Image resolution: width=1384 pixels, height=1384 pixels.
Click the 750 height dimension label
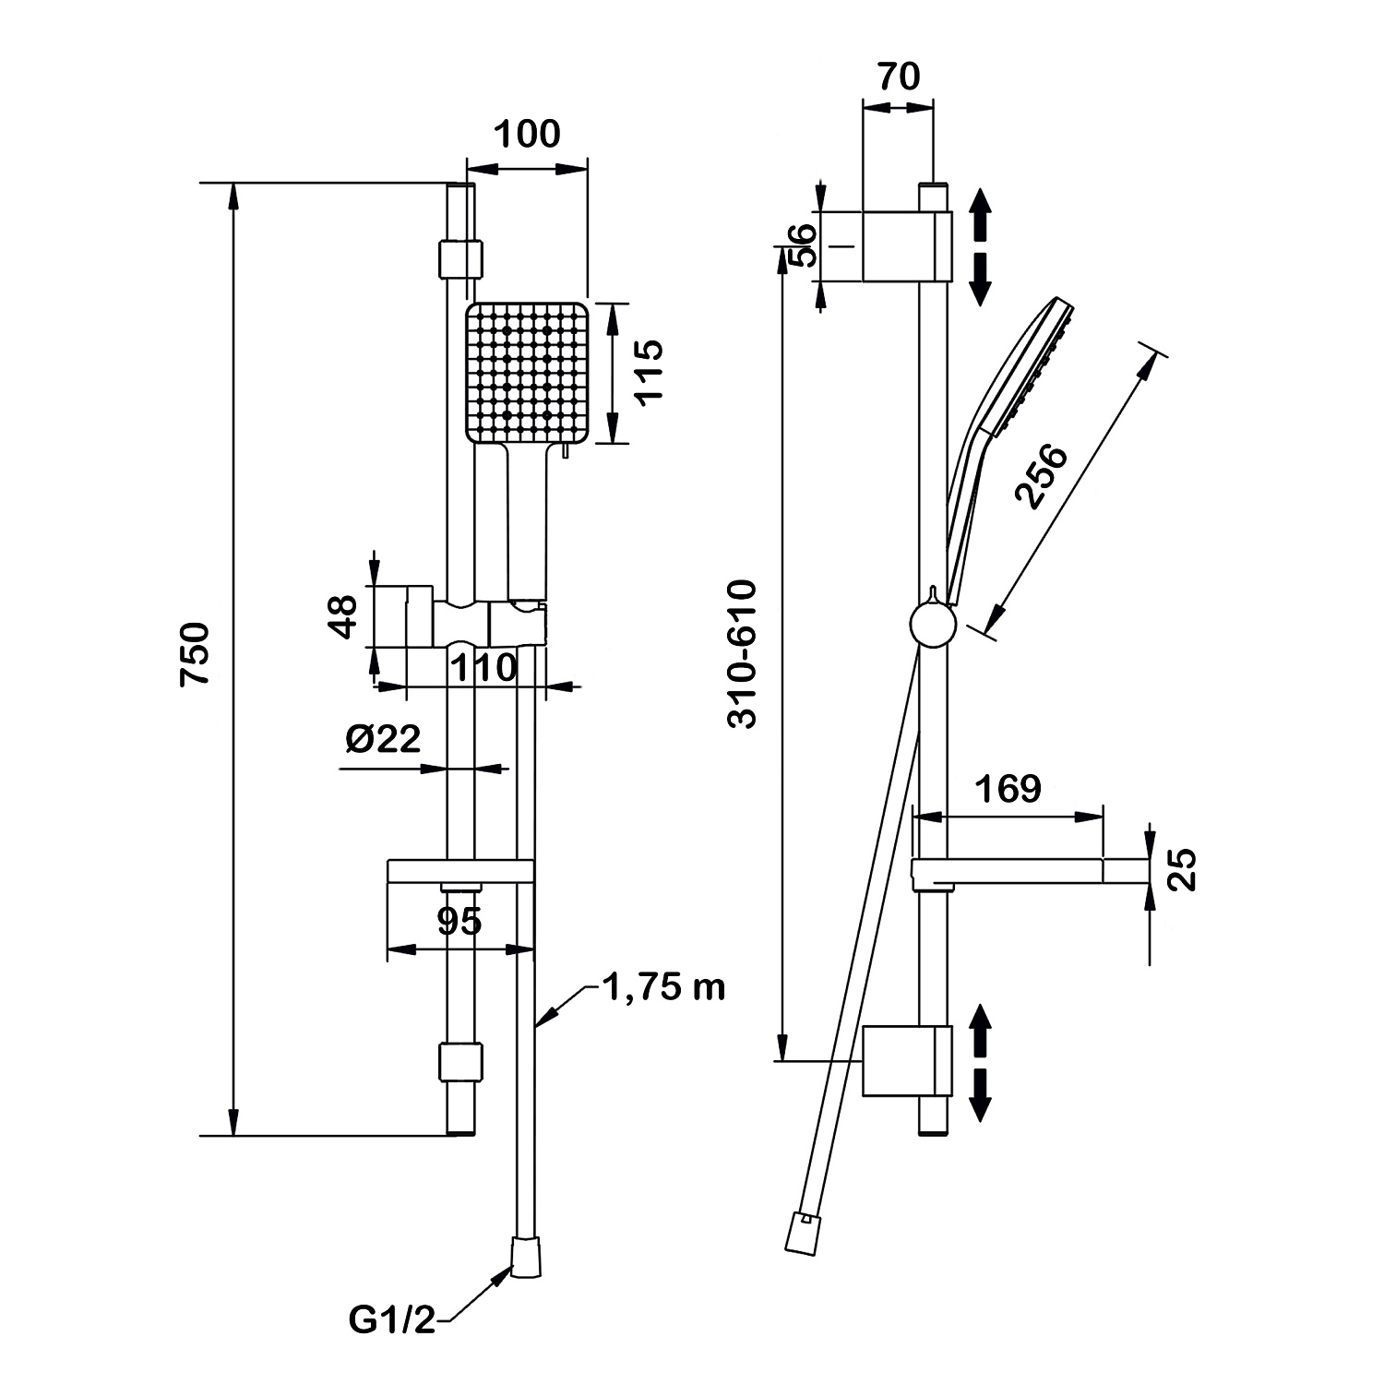[196, 653]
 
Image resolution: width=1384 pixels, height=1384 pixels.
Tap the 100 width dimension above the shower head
[527, 135]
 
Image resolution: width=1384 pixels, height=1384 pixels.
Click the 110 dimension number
[483, 667]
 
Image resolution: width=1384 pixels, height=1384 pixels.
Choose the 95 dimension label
[459, 920]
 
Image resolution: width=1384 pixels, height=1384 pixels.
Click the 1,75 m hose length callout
[663, 988]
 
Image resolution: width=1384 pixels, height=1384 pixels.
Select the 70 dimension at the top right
[898, 77]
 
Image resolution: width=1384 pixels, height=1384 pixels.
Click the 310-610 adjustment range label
[742, 654]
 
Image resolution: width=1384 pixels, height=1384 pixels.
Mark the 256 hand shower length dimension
[1041, 476]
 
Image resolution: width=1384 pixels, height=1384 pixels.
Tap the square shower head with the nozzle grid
[527, 372]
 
